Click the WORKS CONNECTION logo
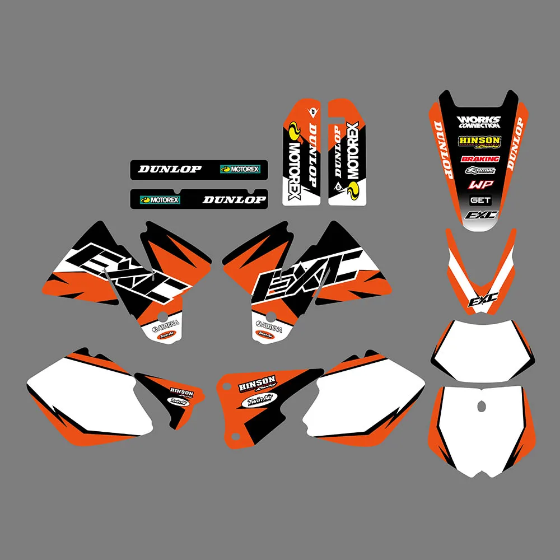[x=478, y=122]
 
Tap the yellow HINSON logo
[x=479, y=141]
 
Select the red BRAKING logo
[x=480, y=159]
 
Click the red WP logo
[x=479, y=184]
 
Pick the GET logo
[x=480, y=200]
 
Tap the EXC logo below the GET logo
[x=479, y=215]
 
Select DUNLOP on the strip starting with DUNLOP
[x=170, y=169]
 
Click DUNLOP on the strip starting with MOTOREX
[x=234, y=199]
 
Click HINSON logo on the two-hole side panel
[x=256, y=385]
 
